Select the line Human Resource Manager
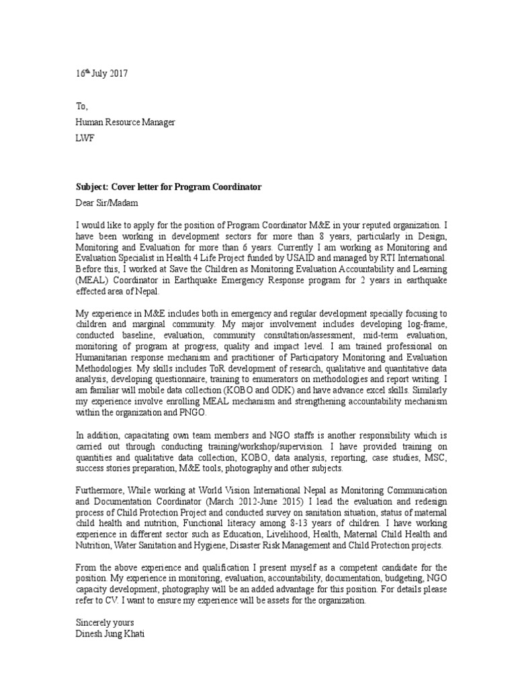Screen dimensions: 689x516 [125, 122]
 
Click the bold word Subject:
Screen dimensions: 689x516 [91, 186]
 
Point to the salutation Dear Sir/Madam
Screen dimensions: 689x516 [105, 201]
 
